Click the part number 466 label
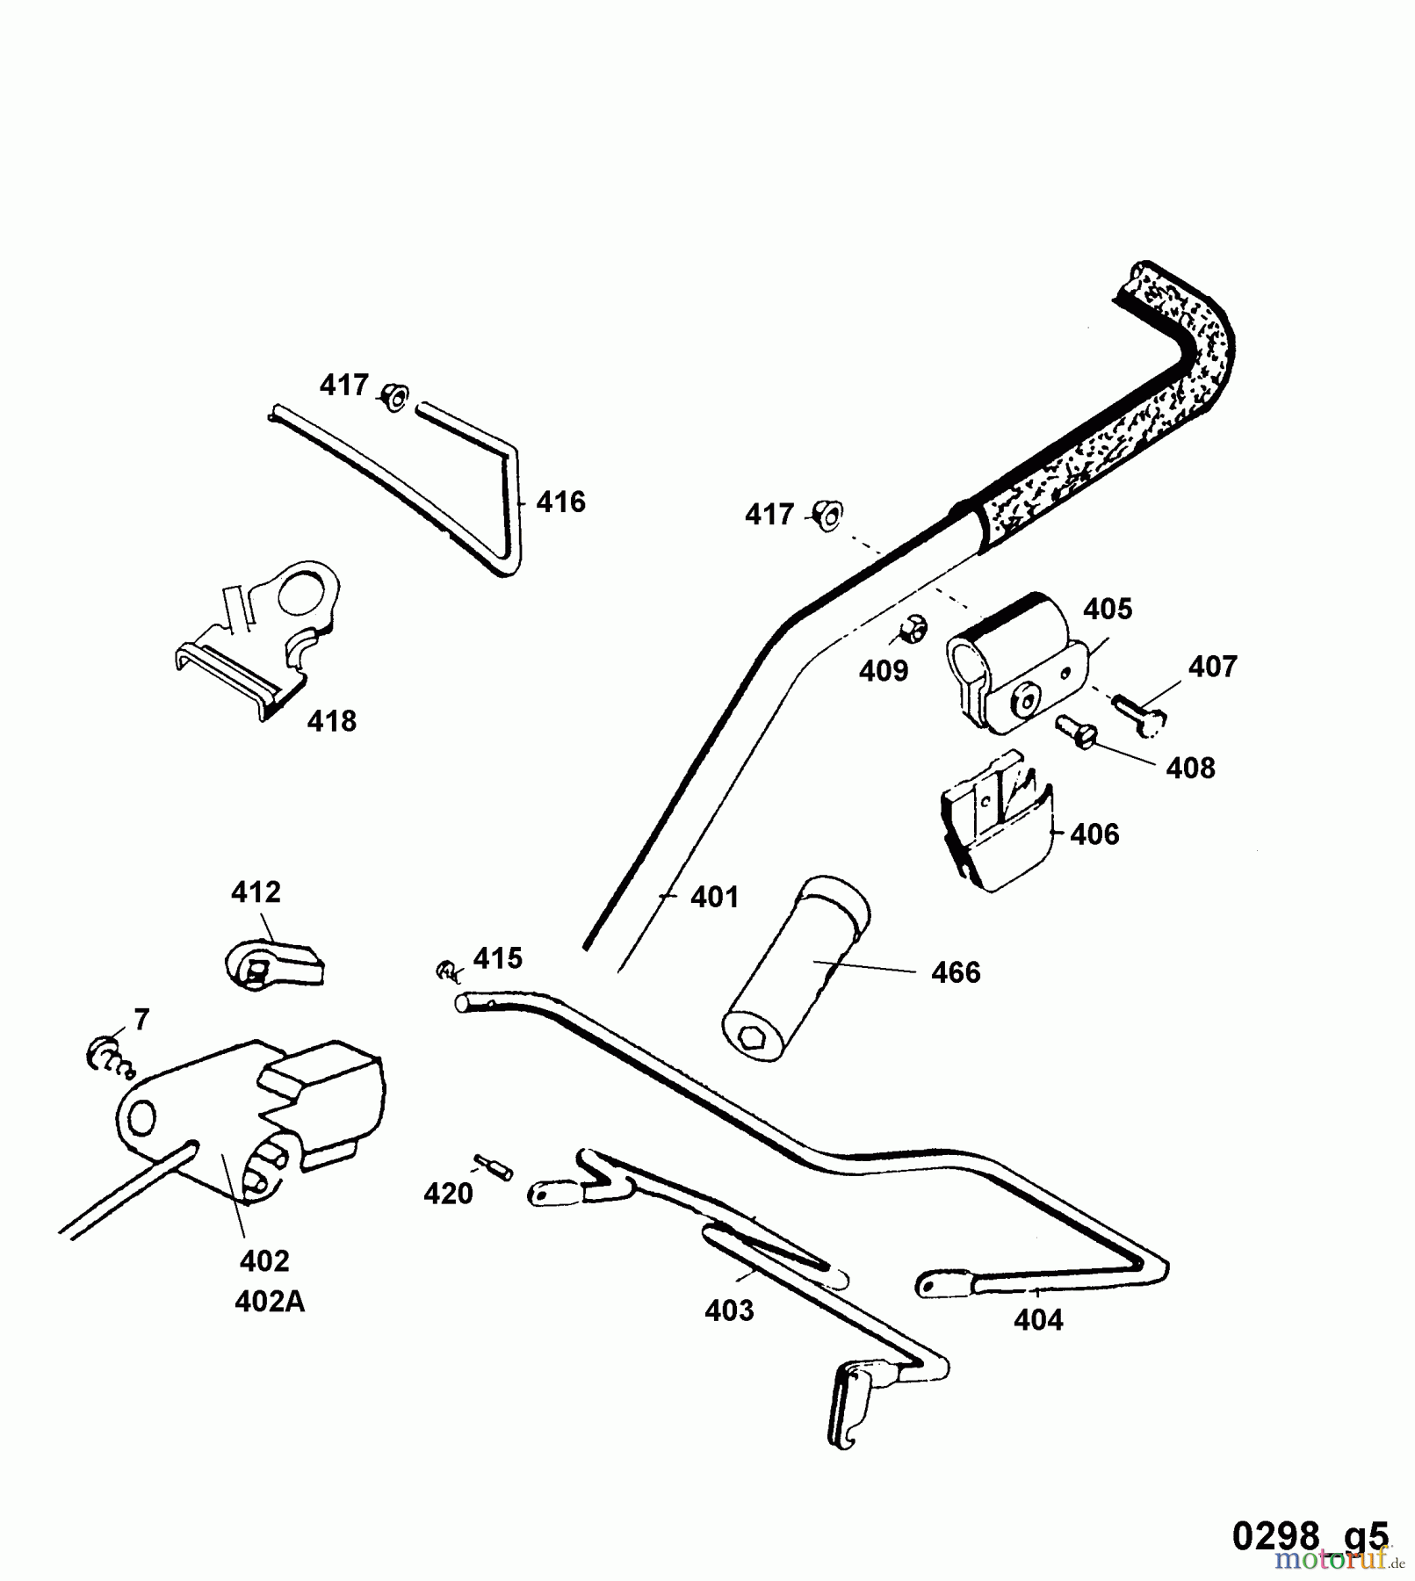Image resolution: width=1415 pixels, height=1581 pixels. pyautogui.click(x=956, y=972)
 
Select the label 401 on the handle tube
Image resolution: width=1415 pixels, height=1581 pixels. pyautogui.click(x=714, y=897)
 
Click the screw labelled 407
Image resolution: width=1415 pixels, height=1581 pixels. pyautogui.click(x=1140, y=711)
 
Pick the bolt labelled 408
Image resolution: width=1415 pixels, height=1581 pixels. pyautogui.click(x=1075, y=731)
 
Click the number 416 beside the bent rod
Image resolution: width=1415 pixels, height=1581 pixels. pyautogui.click(x=560, y=502)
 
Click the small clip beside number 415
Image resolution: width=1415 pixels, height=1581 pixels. pyautogui.click(x=447, y=971)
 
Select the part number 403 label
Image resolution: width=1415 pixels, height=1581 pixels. pyautogui.click(x=729, y=1310)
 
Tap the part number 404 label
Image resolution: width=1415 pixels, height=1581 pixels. pyautogui.click(x=1038, y=1320)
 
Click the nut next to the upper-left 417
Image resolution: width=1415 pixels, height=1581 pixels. pyautogui.click(x=394, y=399)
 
